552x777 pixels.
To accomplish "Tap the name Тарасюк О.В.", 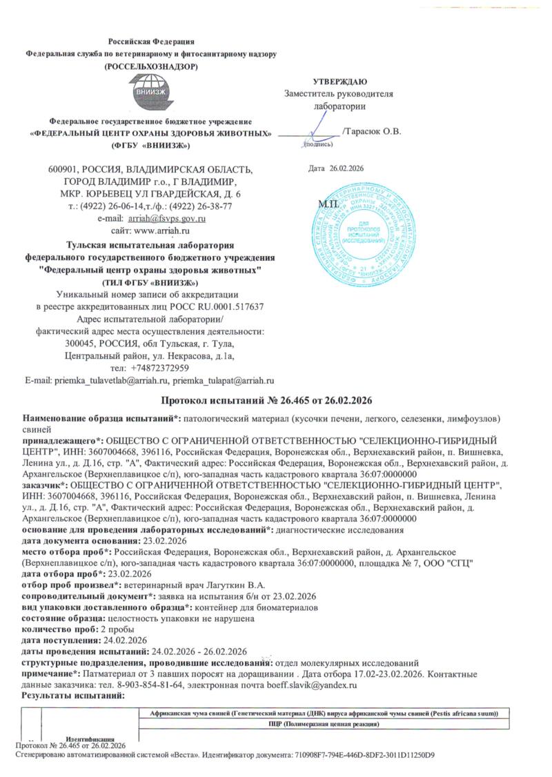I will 373,131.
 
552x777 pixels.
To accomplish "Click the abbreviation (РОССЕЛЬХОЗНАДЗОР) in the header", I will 150,66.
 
